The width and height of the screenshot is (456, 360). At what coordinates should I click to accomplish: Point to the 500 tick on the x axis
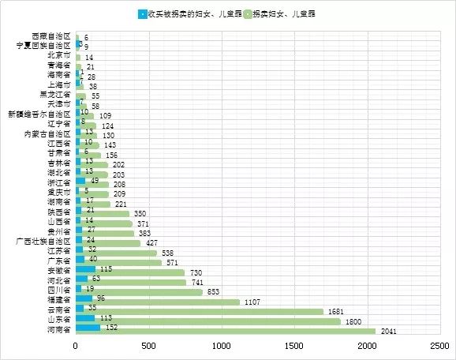coord(148,347)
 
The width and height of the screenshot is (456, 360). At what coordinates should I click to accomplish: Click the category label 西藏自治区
coord(51,36)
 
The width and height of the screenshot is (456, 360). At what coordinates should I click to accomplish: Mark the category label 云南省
coord(59,310)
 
